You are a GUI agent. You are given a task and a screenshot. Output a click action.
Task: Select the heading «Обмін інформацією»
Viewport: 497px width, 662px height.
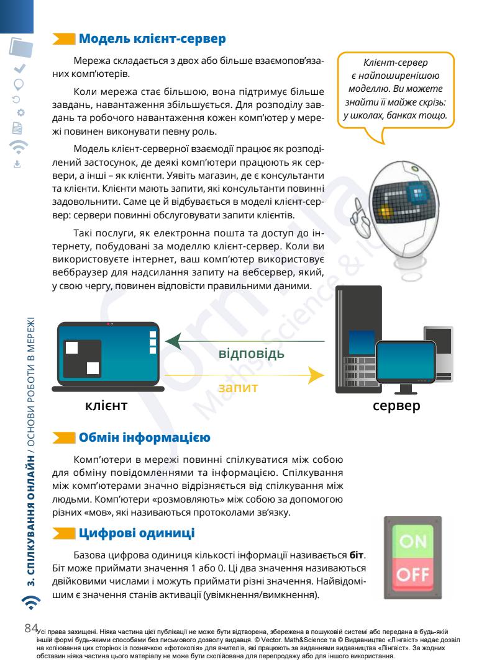pos(144,438)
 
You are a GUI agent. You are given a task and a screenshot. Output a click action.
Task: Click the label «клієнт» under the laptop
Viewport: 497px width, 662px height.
pos(106,406)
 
